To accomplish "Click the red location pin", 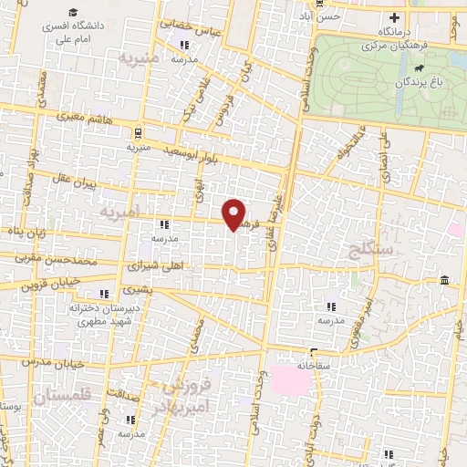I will tap(235, 213).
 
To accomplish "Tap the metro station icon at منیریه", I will tap(138, 131).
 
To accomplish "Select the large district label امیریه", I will tap(119, 211).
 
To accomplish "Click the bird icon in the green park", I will tap(419, 67).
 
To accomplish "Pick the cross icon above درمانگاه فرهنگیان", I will tap(394, 17).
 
